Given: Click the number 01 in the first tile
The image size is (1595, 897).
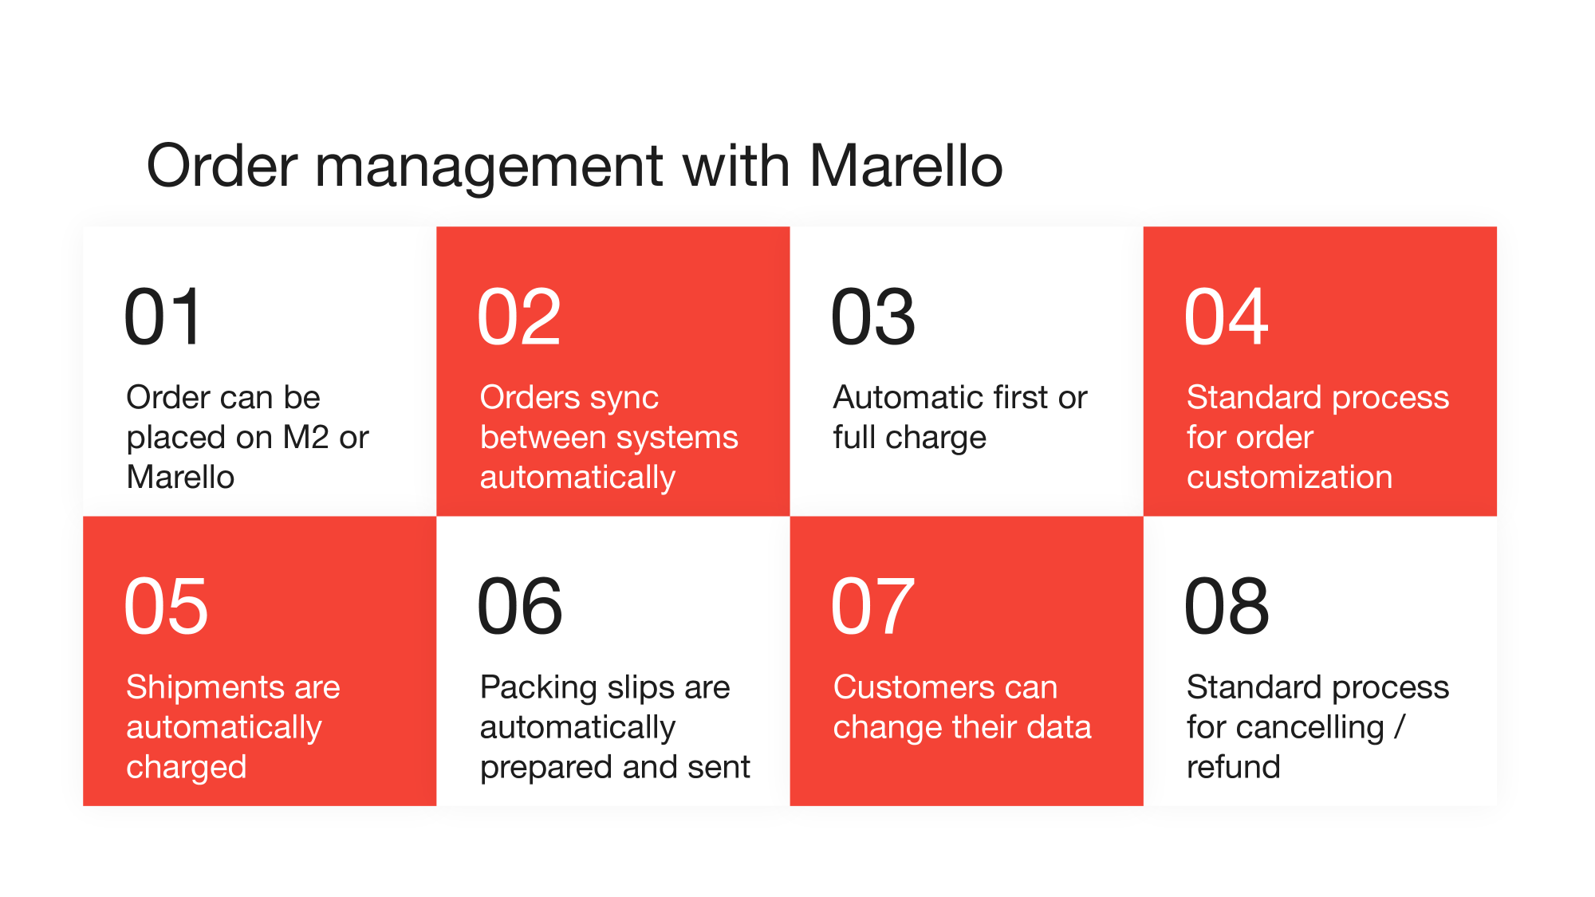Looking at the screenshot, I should coord(163,317).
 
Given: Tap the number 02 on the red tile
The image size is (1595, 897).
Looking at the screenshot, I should coord(519,317).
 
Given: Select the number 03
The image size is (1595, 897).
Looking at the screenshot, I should coord(872,317).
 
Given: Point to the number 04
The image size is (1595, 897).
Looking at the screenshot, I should coord(1226,317).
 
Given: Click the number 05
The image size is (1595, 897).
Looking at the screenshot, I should coord(166,607).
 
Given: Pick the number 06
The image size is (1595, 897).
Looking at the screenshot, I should coord(519,607).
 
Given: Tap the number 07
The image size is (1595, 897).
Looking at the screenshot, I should coord(872,607).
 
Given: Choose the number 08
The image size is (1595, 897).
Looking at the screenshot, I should coord(1227,607).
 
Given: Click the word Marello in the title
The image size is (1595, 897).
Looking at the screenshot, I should coord(906,166).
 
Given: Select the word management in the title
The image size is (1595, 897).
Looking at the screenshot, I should coord(488,167).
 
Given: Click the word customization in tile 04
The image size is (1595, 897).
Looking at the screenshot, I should coord(1289,477).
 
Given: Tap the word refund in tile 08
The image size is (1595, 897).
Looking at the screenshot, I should coord(1233,766).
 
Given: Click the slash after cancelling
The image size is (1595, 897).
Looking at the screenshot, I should coord(1400,727).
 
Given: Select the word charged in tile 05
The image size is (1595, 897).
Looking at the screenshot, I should coord(186,768).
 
